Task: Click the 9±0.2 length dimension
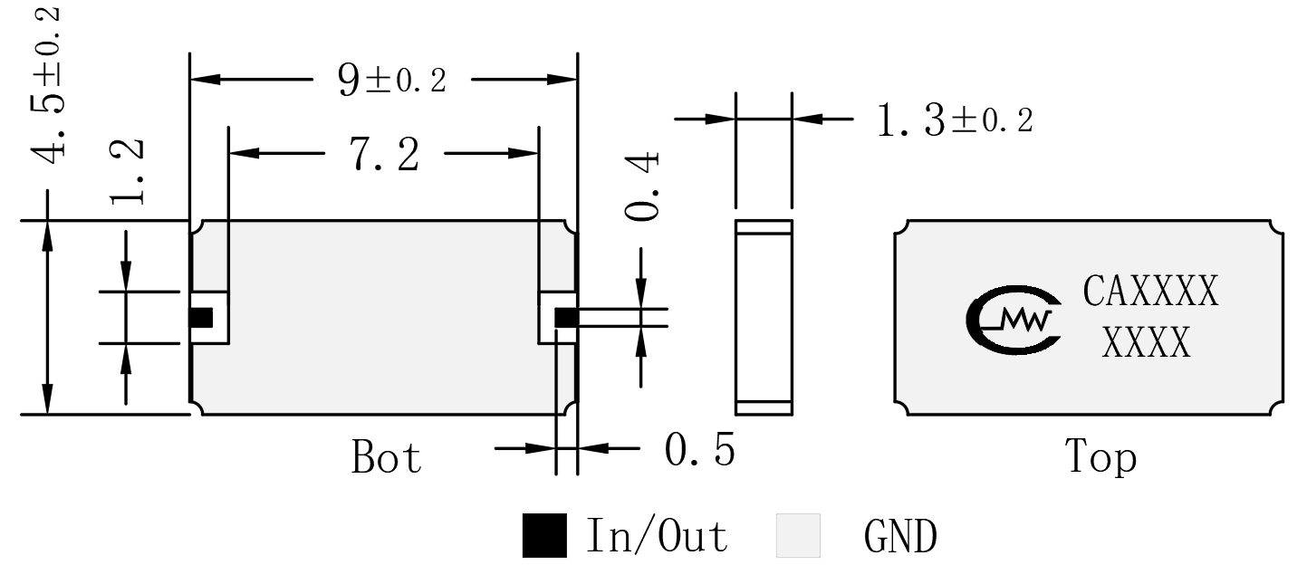[x=391, y=80]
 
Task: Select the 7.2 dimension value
[x=384, y=154]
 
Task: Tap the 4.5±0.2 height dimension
[x=47, y=86]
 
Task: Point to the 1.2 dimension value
[x=127, y=172]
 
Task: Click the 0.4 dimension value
[x=641, y=187]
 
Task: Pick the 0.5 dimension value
[x=699, y=450]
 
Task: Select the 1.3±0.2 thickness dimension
[x=955, y=120]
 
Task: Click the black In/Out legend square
[x=544, y=535]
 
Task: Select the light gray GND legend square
[x=798, y=535]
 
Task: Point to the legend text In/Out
[x=657, y=535]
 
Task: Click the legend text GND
[x=900, y=536]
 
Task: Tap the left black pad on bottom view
[x=201, y=318]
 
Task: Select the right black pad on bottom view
[x=566, y=318]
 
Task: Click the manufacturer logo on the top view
[x=1014, y=320]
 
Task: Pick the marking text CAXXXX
[x=1150, y=291]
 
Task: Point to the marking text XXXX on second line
[x=1146, y=342]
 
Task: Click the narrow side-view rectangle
[x=764, y=318]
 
